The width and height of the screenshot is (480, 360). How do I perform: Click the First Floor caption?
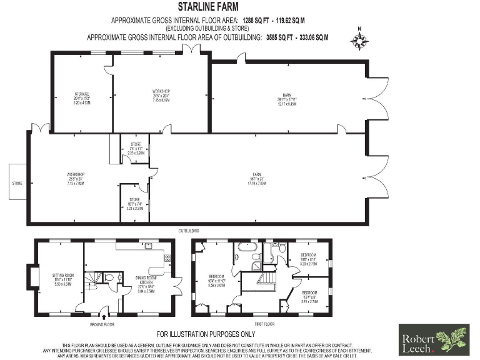tap(264, 325)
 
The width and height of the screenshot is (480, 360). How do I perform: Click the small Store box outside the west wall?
tap(17, 184)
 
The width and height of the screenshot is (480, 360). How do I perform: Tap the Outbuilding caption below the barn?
tap(189, 231)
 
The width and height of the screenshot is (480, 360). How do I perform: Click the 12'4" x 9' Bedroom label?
tap(311, 297)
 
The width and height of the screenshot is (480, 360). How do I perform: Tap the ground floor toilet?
tap(109, 278)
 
